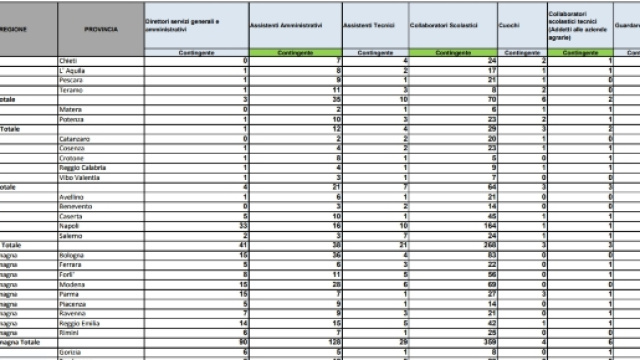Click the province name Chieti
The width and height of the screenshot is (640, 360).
[x=69, y=62]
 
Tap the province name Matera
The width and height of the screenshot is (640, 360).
[x=71, y=110]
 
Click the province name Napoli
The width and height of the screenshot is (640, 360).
[x=70, y=226]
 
